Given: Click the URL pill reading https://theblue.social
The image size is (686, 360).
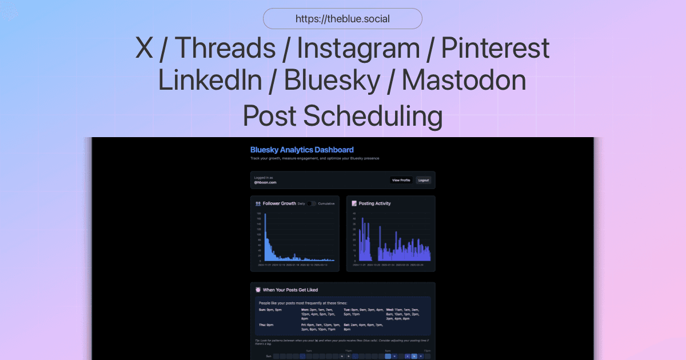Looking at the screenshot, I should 342,19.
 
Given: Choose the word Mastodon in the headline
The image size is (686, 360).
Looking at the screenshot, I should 464,81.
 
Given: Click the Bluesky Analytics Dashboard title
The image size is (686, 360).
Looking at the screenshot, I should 302,150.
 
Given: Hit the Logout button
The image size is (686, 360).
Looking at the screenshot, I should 423,180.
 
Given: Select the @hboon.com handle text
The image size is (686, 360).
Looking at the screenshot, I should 265,182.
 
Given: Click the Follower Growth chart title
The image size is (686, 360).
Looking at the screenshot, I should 279,203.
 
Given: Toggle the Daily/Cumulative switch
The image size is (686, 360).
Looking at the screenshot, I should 312,203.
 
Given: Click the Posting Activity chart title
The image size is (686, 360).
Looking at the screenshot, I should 374,203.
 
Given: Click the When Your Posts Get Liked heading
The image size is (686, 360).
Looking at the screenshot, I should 290,290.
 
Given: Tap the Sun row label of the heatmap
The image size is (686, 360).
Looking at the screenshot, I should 268,356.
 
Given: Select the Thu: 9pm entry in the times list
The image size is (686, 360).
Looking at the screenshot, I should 266,325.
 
